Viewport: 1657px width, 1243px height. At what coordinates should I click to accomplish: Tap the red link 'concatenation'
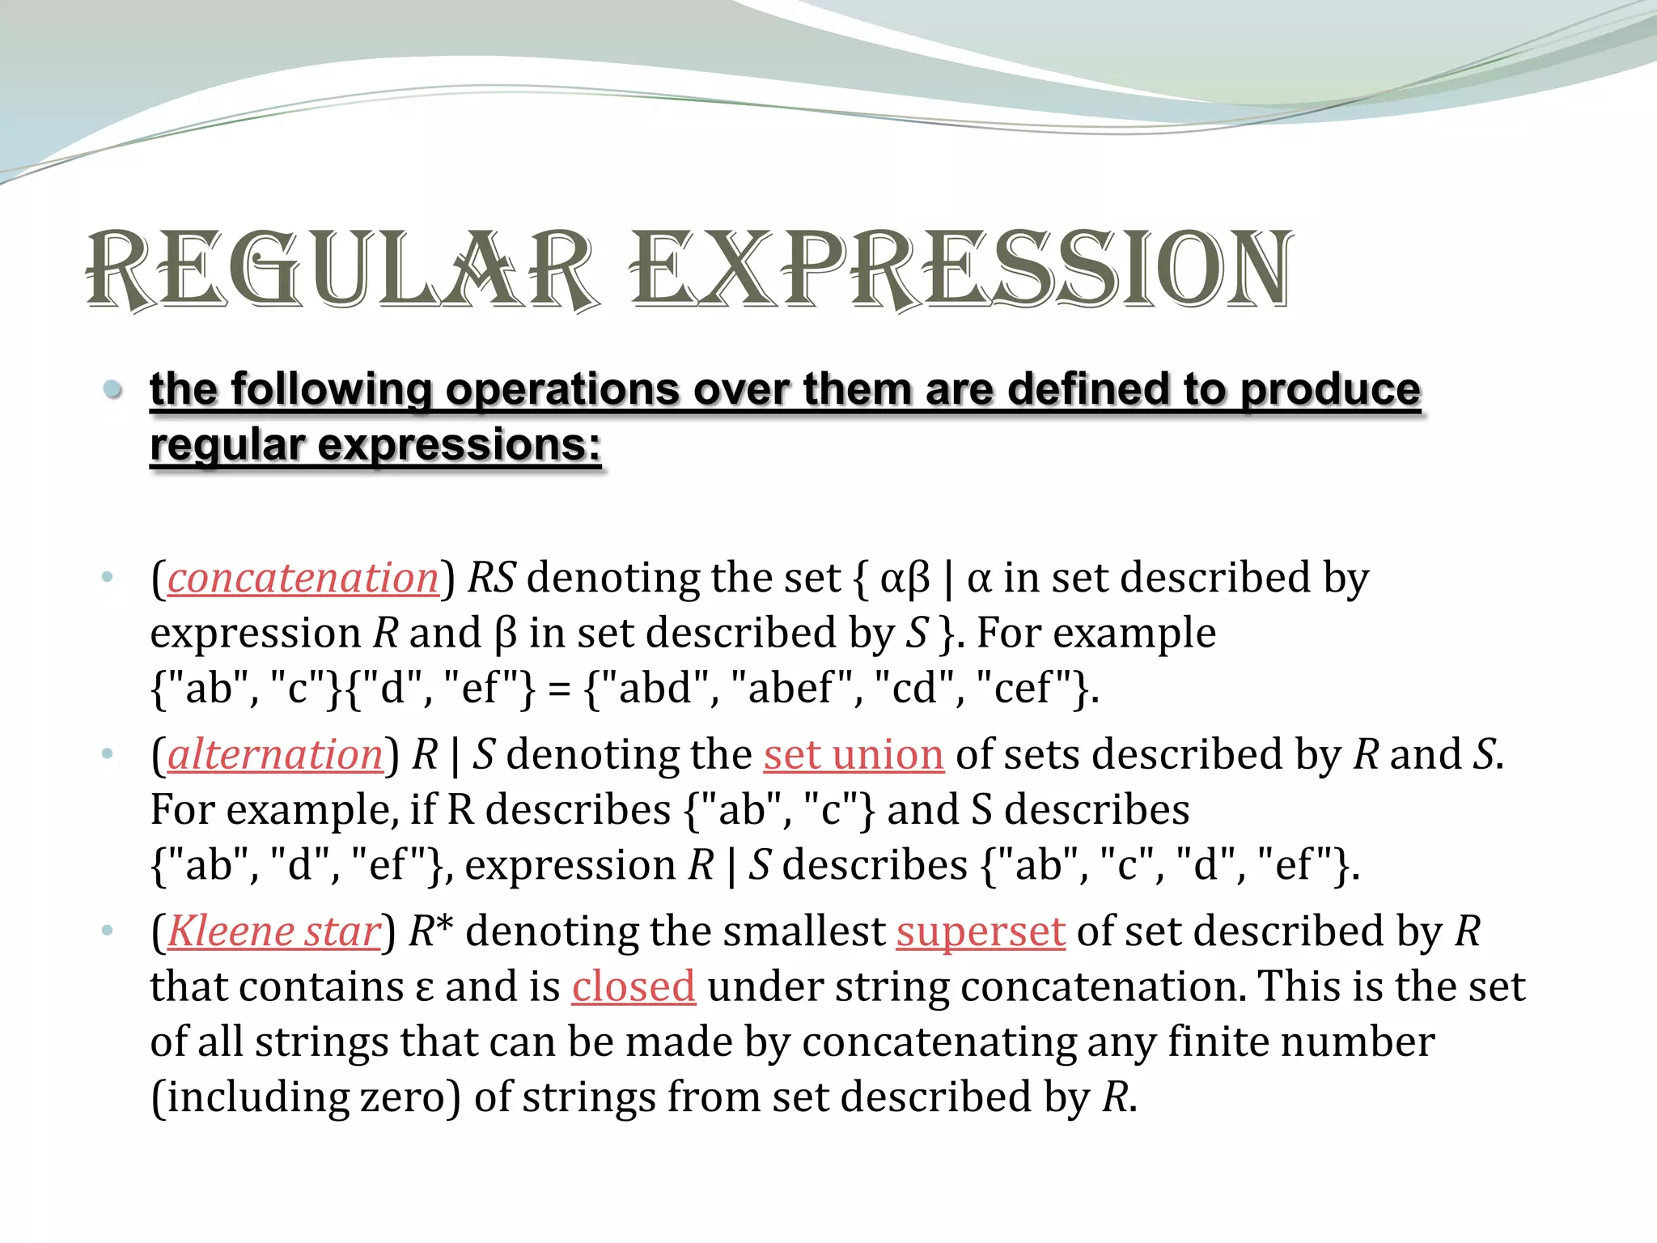point(303,579)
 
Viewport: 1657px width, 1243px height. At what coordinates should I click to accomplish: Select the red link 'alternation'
point(275,755)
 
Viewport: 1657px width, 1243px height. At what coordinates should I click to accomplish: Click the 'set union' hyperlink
point(854,755)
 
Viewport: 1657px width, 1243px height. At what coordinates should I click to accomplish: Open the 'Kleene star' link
point(273,931)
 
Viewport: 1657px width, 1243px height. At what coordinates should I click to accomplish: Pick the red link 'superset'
point(981,931)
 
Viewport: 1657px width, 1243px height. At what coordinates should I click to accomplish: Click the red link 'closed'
point(634,986)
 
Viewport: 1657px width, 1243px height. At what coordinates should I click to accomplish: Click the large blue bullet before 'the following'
point(113,390)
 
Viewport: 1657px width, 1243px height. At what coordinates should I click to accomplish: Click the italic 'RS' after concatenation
point(491,579)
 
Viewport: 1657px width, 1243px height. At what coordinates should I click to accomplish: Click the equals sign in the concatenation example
point(558,689)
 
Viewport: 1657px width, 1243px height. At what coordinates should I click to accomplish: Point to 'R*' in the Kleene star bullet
point(430,931)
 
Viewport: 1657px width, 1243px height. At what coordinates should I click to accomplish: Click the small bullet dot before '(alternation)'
point(108,754)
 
